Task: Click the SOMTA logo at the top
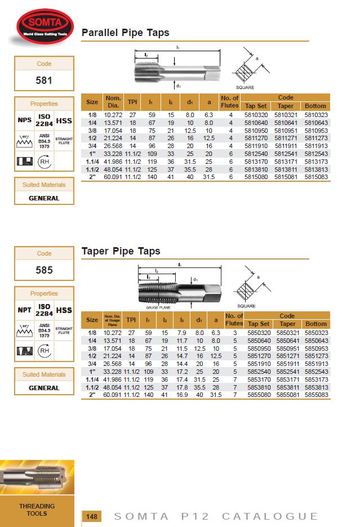pos(44,26)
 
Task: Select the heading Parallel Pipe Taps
pos(125,33)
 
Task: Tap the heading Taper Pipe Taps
pos(121,251)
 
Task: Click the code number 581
pos(44,80)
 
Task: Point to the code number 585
pos(44,270)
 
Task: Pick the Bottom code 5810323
pos(315,115)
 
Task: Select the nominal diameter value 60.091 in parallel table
pos(113,177)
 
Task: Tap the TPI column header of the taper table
pos(131,320)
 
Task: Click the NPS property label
pos(25,120)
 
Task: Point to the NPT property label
pos(25,310)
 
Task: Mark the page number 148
pos(92,516)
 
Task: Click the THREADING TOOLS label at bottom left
pos(37,510)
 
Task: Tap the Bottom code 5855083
pos(315,395)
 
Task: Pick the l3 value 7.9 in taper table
pos(181,333)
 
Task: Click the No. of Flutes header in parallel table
pos(230,102)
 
